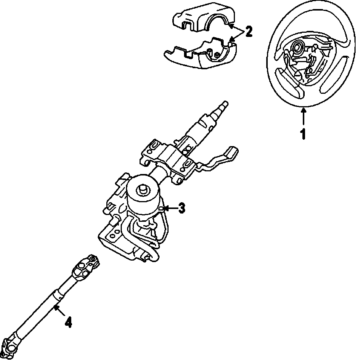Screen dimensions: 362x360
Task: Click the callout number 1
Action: pos(303,134)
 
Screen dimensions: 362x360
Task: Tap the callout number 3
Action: pos(181,207)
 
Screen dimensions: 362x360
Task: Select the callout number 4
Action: pos(68,322)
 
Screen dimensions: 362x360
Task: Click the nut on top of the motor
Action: pos(144,188)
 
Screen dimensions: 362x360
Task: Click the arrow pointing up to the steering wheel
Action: pos(303,117)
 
